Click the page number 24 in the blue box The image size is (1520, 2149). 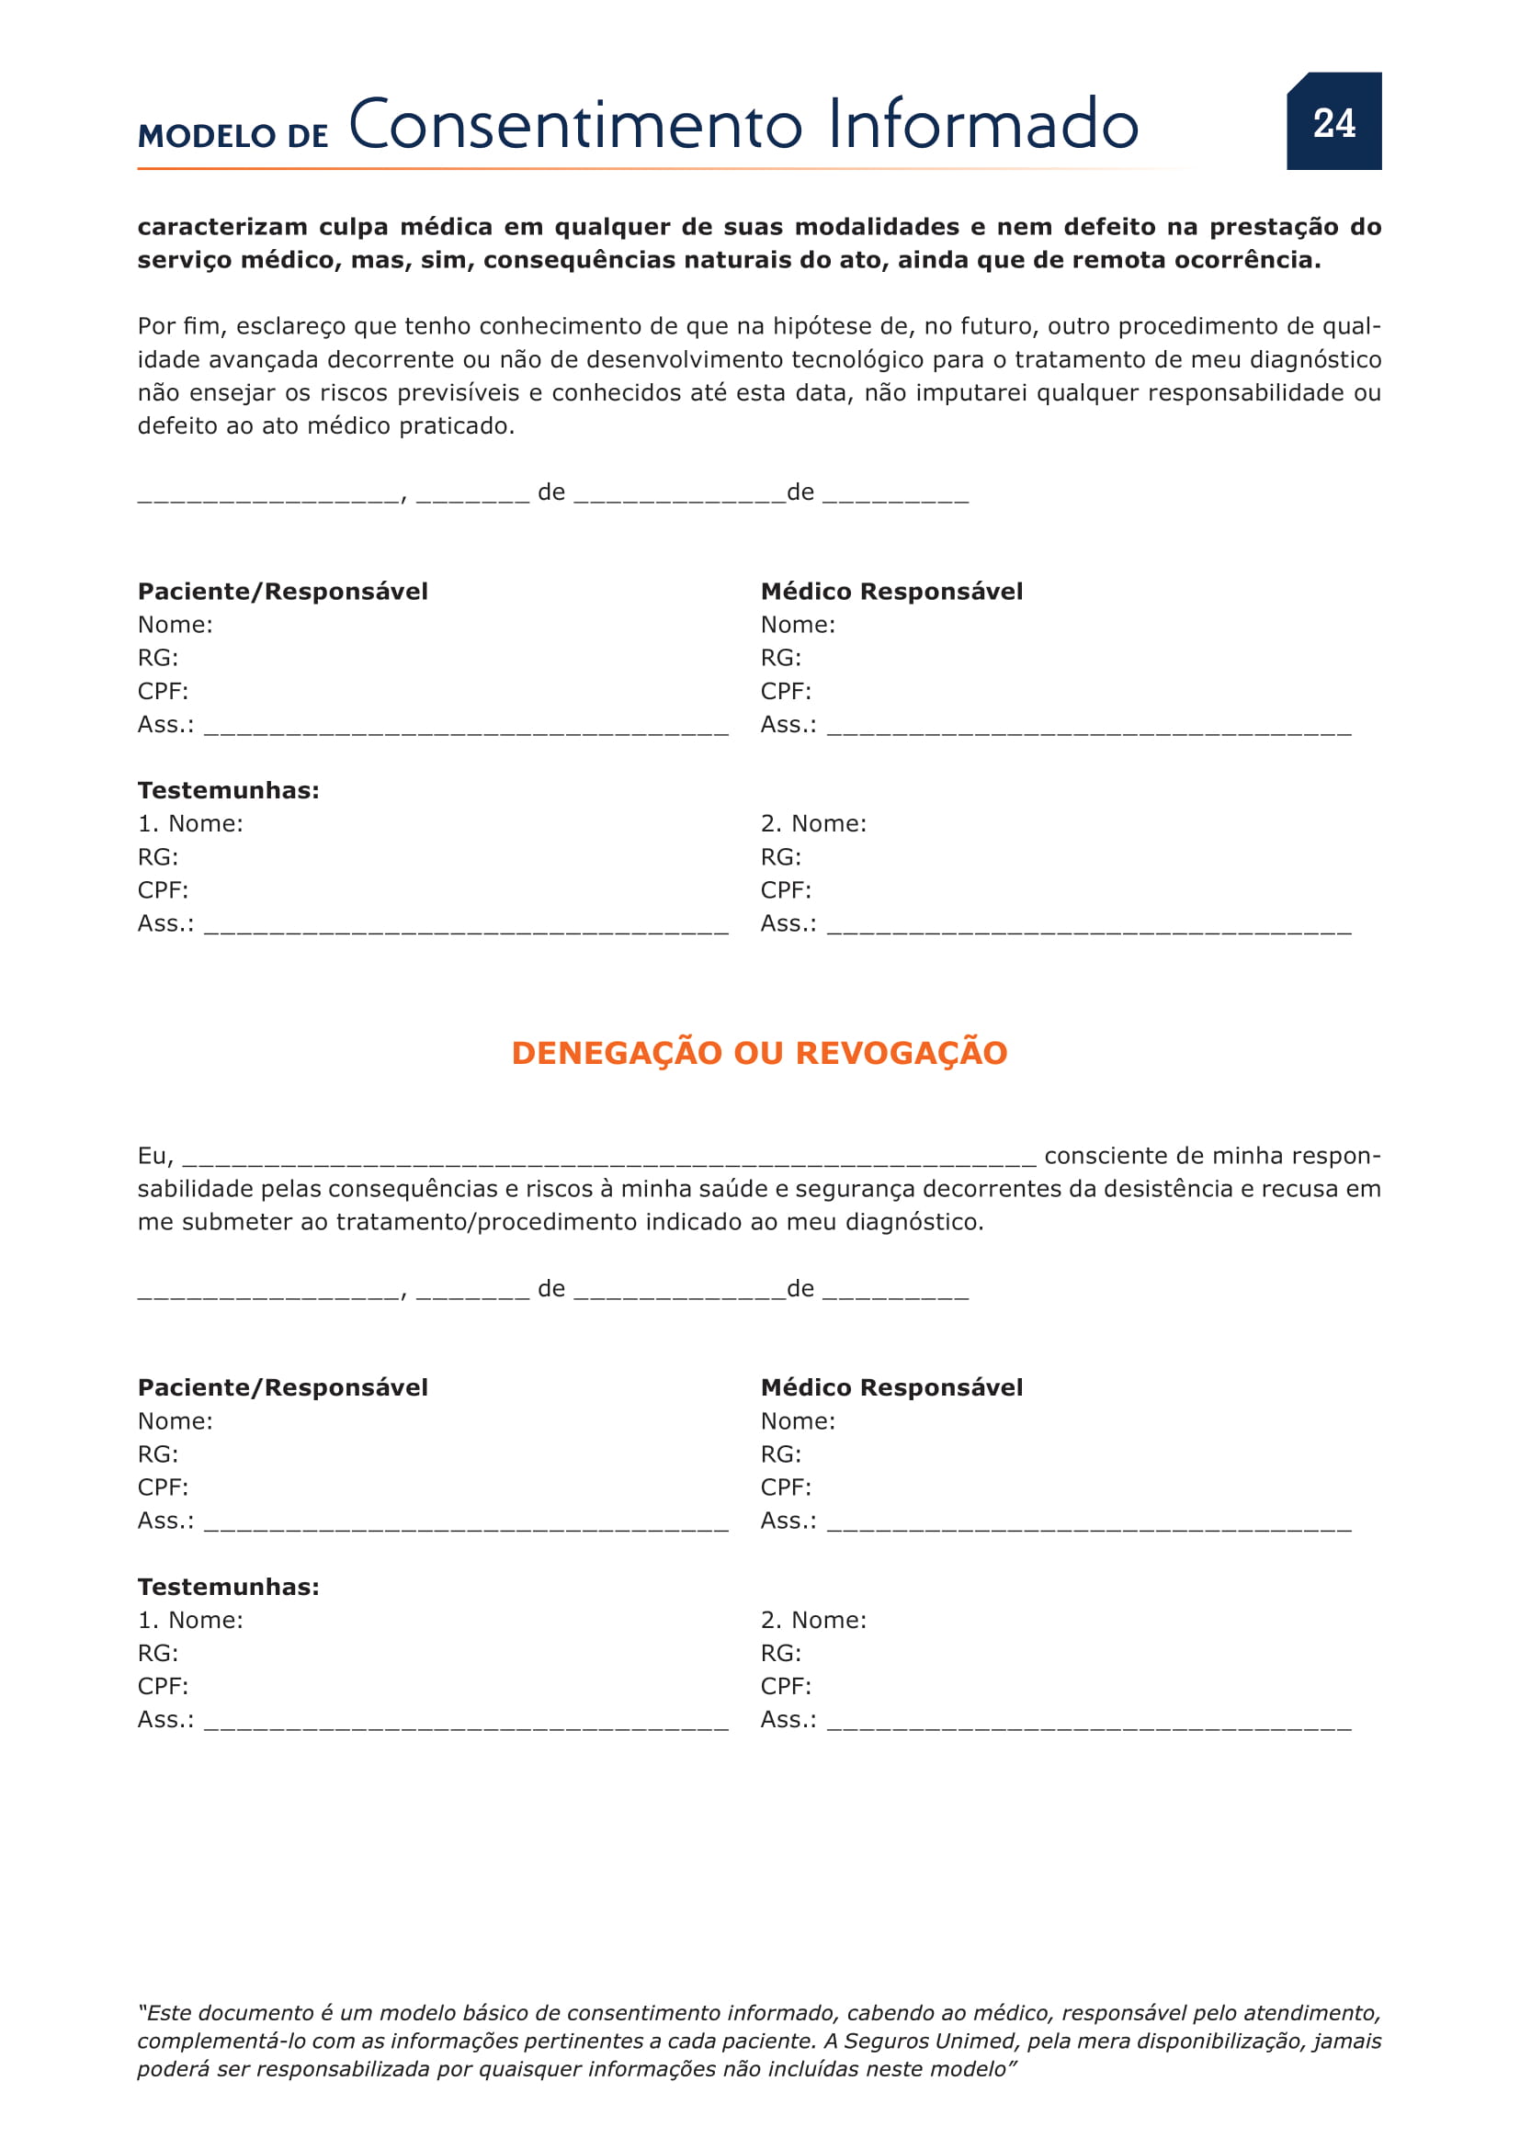pos(1333,123)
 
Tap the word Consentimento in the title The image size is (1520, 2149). pos(574,126)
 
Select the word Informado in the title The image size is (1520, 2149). pos(982,126)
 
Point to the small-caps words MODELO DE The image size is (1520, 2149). pos(233,137)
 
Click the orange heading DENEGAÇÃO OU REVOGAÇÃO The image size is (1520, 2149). pos(759,1053)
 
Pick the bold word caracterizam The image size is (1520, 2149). pos(222,228)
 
